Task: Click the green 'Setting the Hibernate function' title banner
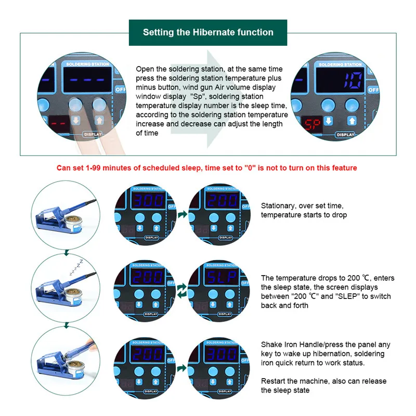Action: (208, 32)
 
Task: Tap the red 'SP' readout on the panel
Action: (313, 124)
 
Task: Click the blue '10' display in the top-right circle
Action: (353, 80)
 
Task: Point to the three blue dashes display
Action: (87, 80)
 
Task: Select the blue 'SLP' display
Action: (222, 277)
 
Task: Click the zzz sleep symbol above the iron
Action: (76, 267)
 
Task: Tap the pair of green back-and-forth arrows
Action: (181, 291)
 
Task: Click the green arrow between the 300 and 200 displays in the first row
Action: (183, 214)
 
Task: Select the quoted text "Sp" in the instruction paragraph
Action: (198, 96)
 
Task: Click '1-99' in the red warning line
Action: (93, 168)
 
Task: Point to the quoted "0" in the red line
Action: (250, 168)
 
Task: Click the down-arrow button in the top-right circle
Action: (329, 121)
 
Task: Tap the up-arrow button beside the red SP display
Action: (352, 121)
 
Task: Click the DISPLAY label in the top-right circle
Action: (345, 135)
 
